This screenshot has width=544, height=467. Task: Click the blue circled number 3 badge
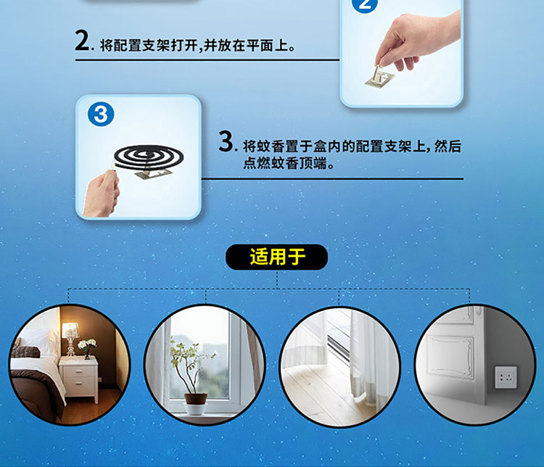(x=101, y=114)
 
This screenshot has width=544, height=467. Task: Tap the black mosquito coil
(x=149, y=157)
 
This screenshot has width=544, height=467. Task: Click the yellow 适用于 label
(x=277, y=257)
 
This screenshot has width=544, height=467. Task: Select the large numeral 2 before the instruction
(x=83, y=41)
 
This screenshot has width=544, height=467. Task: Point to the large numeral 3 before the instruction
(x=226, y=141)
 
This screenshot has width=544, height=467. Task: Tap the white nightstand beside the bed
(x=79, y=379)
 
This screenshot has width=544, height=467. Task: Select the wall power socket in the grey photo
(x=506, y=377)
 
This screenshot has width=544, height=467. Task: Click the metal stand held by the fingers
(x=380, y=77)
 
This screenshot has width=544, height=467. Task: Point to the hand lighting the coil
(x=101, y=194)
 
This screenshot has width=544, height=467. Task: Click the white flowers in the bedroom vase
(x=87, y=344)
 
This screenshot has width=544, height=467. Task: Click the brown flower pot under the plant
(x=196, y=399)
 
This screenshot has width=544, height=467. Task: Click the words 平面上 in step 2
(x=268, y=46)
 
